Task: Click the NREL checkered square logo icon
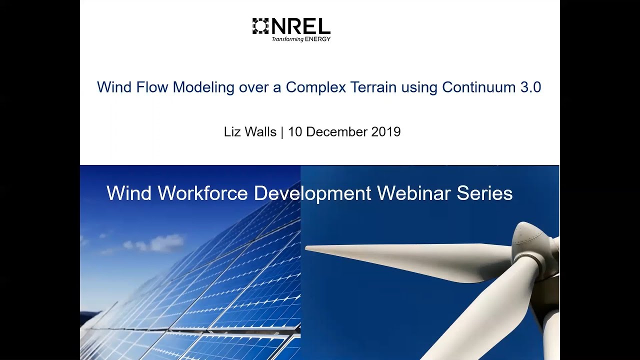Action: [x=260, y=26]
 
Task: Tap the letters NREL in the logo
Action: [x=300, y=26]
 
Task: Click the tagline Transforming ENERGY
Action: [x=301, y=39]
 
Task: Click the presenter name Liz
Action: [x=232, y=132]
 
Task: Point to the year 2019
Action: [x=386, y=132]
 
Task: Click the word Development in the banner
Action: [x=312, y=193]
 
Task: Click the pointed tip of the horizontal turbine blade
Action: [x=307, y=248]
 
